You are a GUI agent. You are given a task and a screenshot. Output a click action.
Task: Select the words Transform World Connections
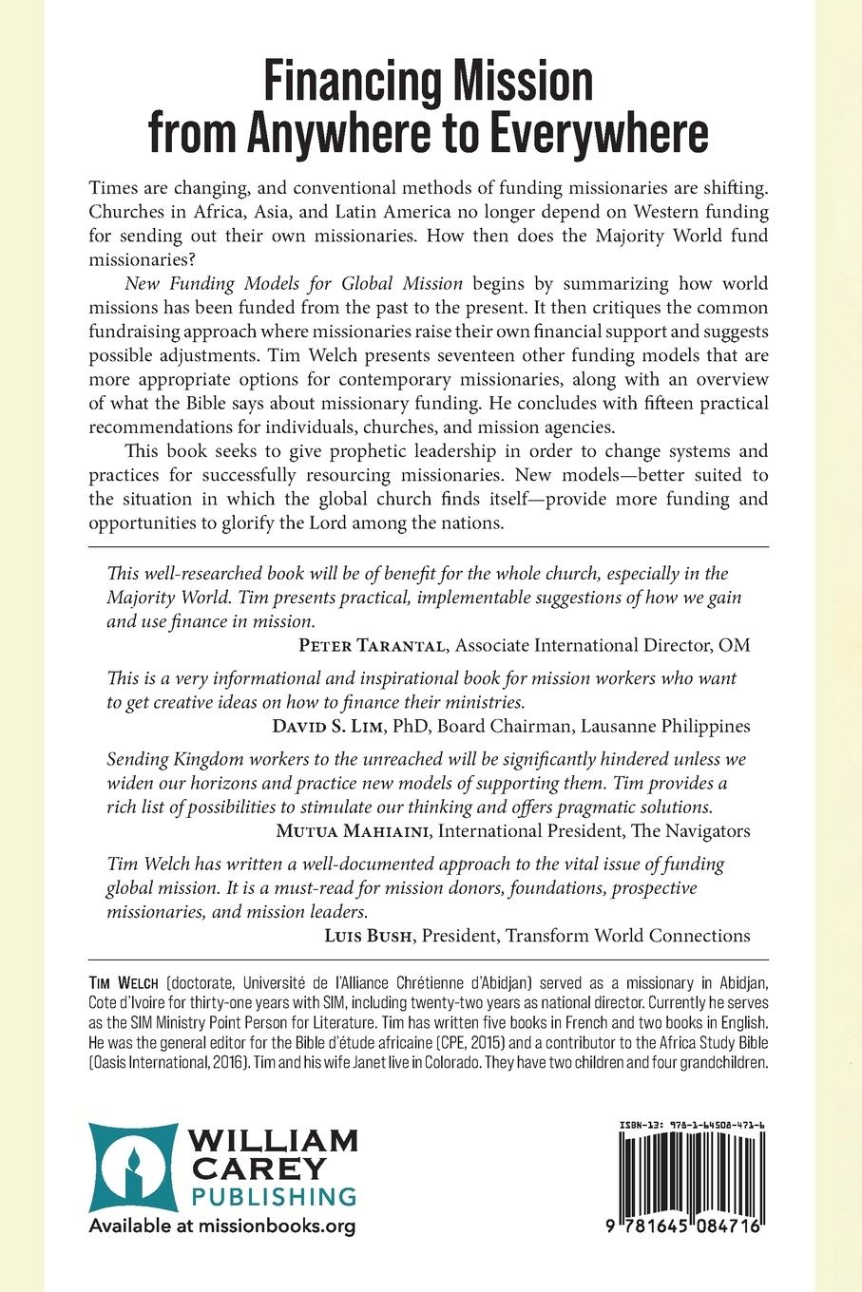click(x=627, y=936)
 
